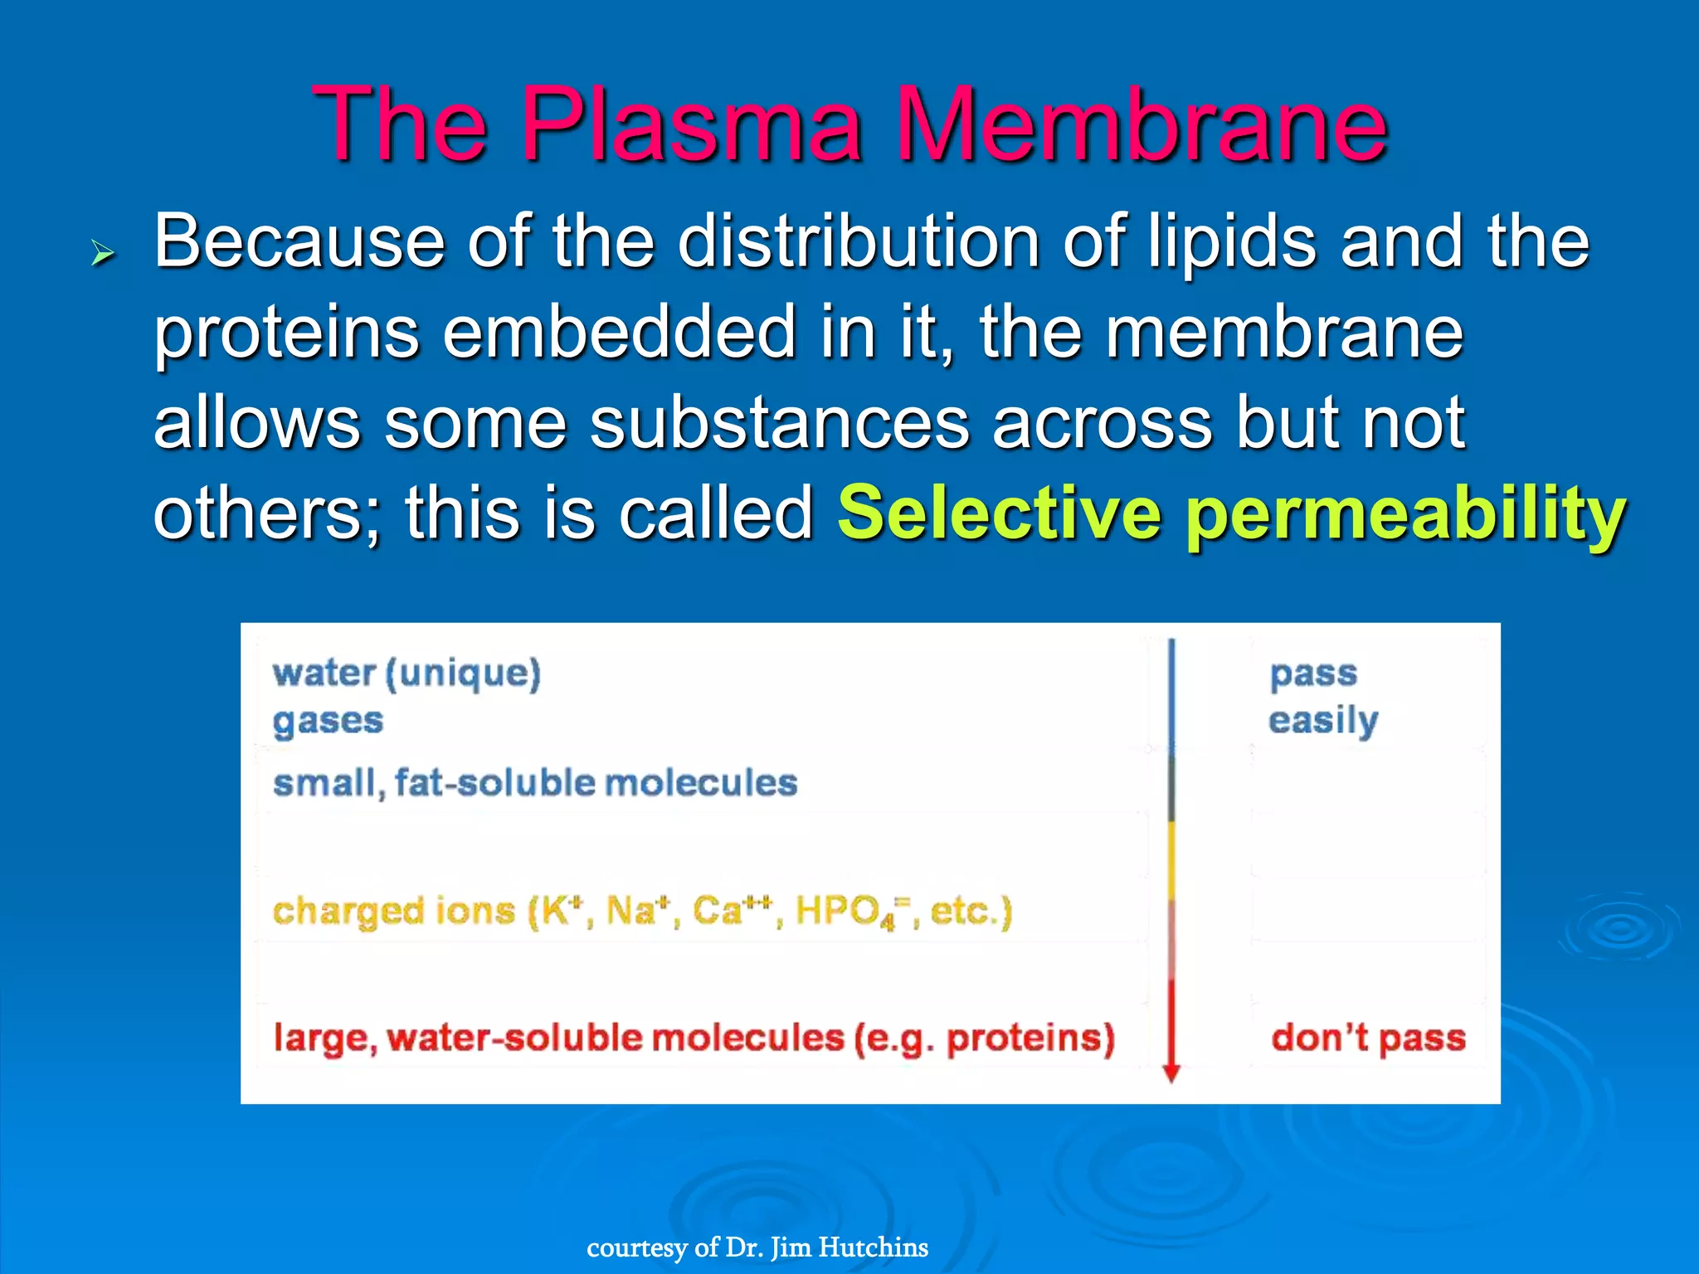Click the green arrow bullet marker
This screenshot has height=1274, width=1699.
[x=102, y=253]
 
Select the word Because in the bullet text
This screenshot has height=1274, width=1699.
[x=299, y=241]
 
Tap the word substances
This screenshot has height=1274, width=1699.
[x=780, y=423]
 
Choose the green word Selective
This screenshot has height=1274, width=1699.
[x=1000, y=513]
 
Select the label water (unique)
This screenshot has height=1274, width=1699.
[x=406, y=673]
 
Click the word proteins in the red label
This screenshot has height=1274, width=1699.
[x=1030, y=1039]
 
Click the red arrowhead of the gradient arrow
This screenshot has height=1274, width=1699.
[x=1171, y=1073]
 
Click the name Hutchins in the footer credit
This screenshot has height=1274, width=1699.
[x=874, y=1247]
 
